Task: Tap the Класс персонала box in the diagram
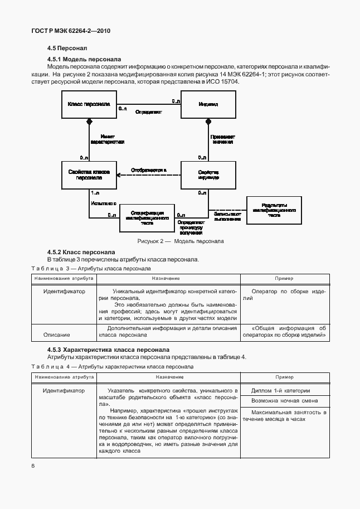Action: [x=89, y=104]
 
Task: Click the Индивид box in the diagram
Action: [x=208, y=104]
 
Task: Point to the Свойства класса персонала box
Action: [x=89, y=174]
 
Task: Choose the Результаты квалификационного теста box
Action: [x=274, y=210]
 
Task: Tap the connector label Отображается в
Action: [x=149, y=169]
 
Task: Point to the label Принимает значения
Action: [x=222, y=139]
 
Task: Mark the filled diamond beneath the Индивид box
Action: [x=208, y=121]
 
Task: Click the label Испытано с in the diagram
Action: [x=103, y=204]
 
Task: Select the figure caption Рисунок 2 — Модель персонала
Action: [x=181, y=241]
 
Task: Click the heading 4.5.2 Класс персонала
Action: [x=81, y=252]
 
